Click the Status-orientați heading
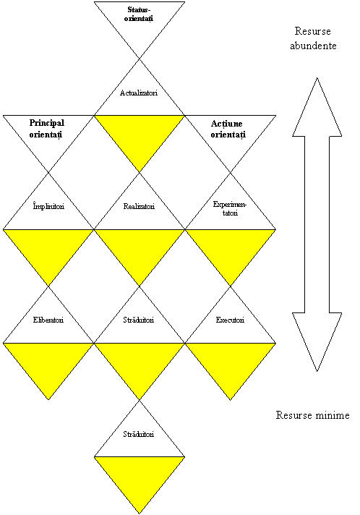139,14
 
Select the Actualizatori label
139,93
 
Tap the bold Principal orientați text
46,129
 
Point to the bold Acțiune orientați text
228,129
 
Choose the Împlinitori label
48,206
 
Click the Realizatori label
139,206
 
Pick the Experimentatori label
229,208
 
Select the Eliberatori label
48,320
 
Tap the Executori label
230,320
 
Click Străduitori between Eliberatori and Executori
139,320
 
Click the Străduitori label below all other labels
139,434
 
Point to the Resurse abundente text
313,38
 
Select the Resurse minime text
312,415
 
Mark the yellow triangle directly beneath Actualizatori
140,135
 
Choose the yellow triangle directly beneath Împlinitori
48,249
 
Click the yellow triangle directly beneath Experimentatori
231,249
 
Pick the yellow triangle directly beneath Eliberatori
48,362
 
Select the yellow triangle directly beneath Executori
231,362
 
